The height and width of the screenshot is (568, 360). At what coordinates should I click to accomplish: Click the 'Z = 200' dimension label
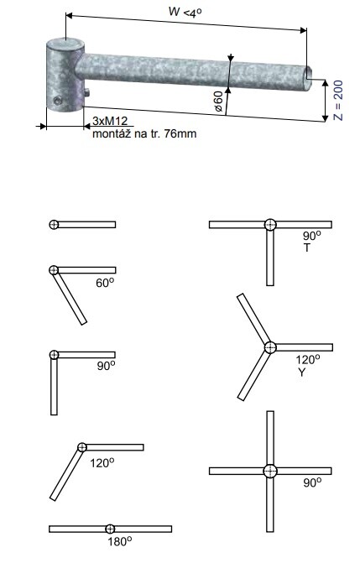click(x=337, y=101)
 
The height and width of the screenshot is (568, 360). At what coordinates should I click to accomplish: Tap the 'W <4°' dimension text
click(x=185, y=12)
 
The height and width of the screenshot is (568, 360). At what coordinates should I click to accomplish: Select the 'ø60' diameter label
click(x=218, y=101)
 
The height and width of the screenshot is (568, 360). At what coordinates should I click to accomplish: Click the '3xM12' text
click(x=110, y=121)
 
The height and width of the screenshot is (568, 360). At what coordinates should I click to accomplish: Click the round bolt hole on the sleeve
click(x=57, y=101)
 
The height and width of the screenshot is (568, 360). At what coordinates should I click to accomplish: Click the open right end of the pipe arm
click(x=308, y=77)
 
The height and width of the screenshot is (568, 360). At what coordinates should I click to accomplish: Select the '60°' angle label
click(x=105, y=283)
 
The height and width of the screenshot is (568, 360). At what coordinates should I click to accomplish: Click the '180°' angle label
click(x=119, y=541)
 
